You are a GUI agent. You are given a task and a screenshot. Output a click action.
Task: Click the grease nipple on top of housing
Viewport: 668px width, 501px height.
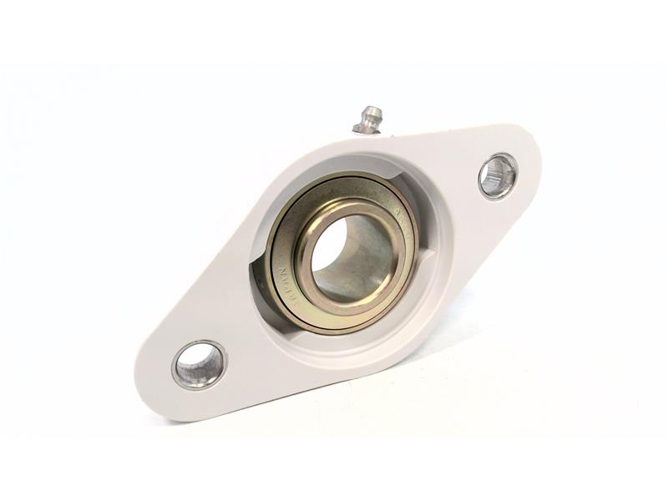pos(367,119)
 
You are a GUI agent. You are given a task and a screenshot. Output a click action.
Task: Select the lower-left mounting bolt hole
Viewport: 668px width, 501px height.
pos(200,365)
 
